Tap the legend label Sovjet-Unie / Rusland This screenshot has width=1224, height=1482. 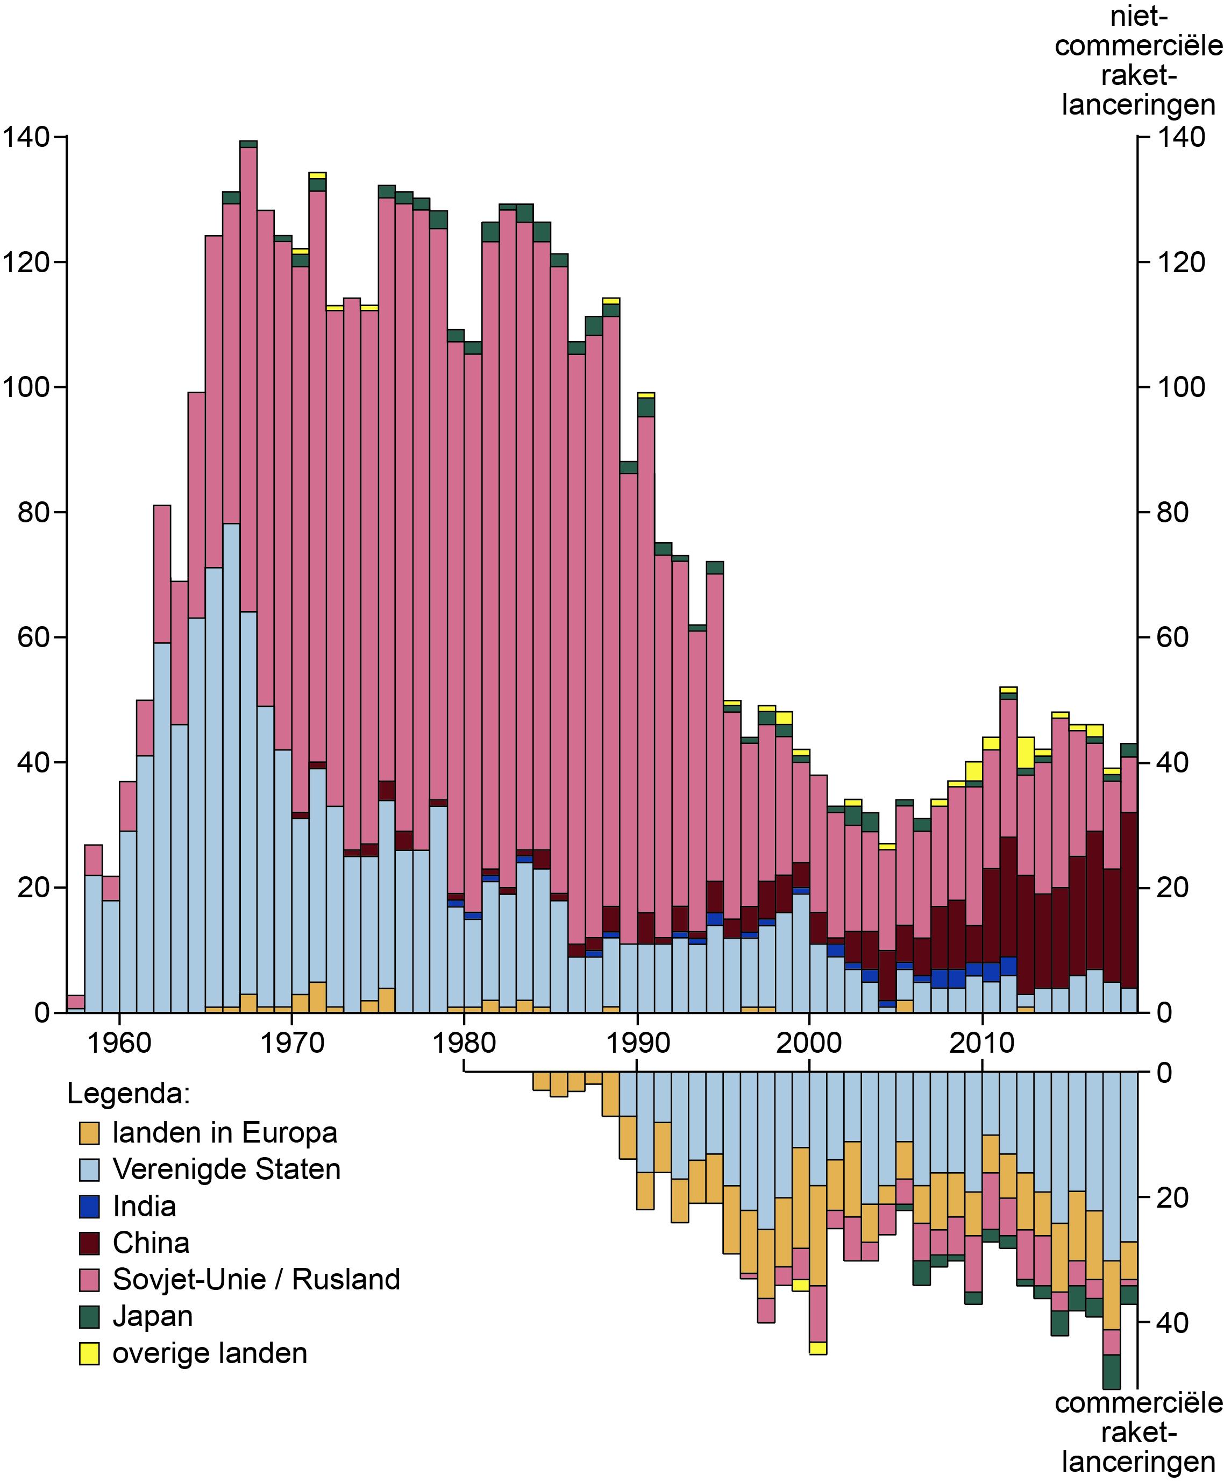point(256,1280)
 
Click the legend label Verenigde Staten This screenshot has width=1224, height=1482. point(226,1169)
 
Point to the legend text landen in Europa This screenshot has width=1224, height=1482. point(225,1133)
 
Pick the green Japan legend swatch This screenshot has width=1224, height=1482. point(89,1317)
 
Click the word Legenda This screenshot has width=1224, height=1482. point(129,1094)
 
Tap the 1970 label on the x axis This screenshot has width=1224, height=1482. point(292,1042)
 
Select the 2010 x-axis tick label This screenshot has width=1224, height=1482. point(981,1042)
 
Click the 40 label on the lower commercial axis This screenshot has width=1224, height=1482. point(1172,1323)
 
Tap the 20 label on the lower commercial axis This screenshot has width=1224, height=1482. point(1172,1198)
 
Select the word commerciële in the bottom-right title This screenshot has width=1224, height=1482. point(1138,1403)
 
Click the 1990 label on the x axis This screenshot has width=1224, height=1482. point(637,1042)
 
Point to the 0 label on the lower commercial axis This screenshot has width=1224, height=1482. point(1165,1073)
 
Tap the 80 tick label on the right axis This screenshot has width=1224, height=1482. point(1172,513)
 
